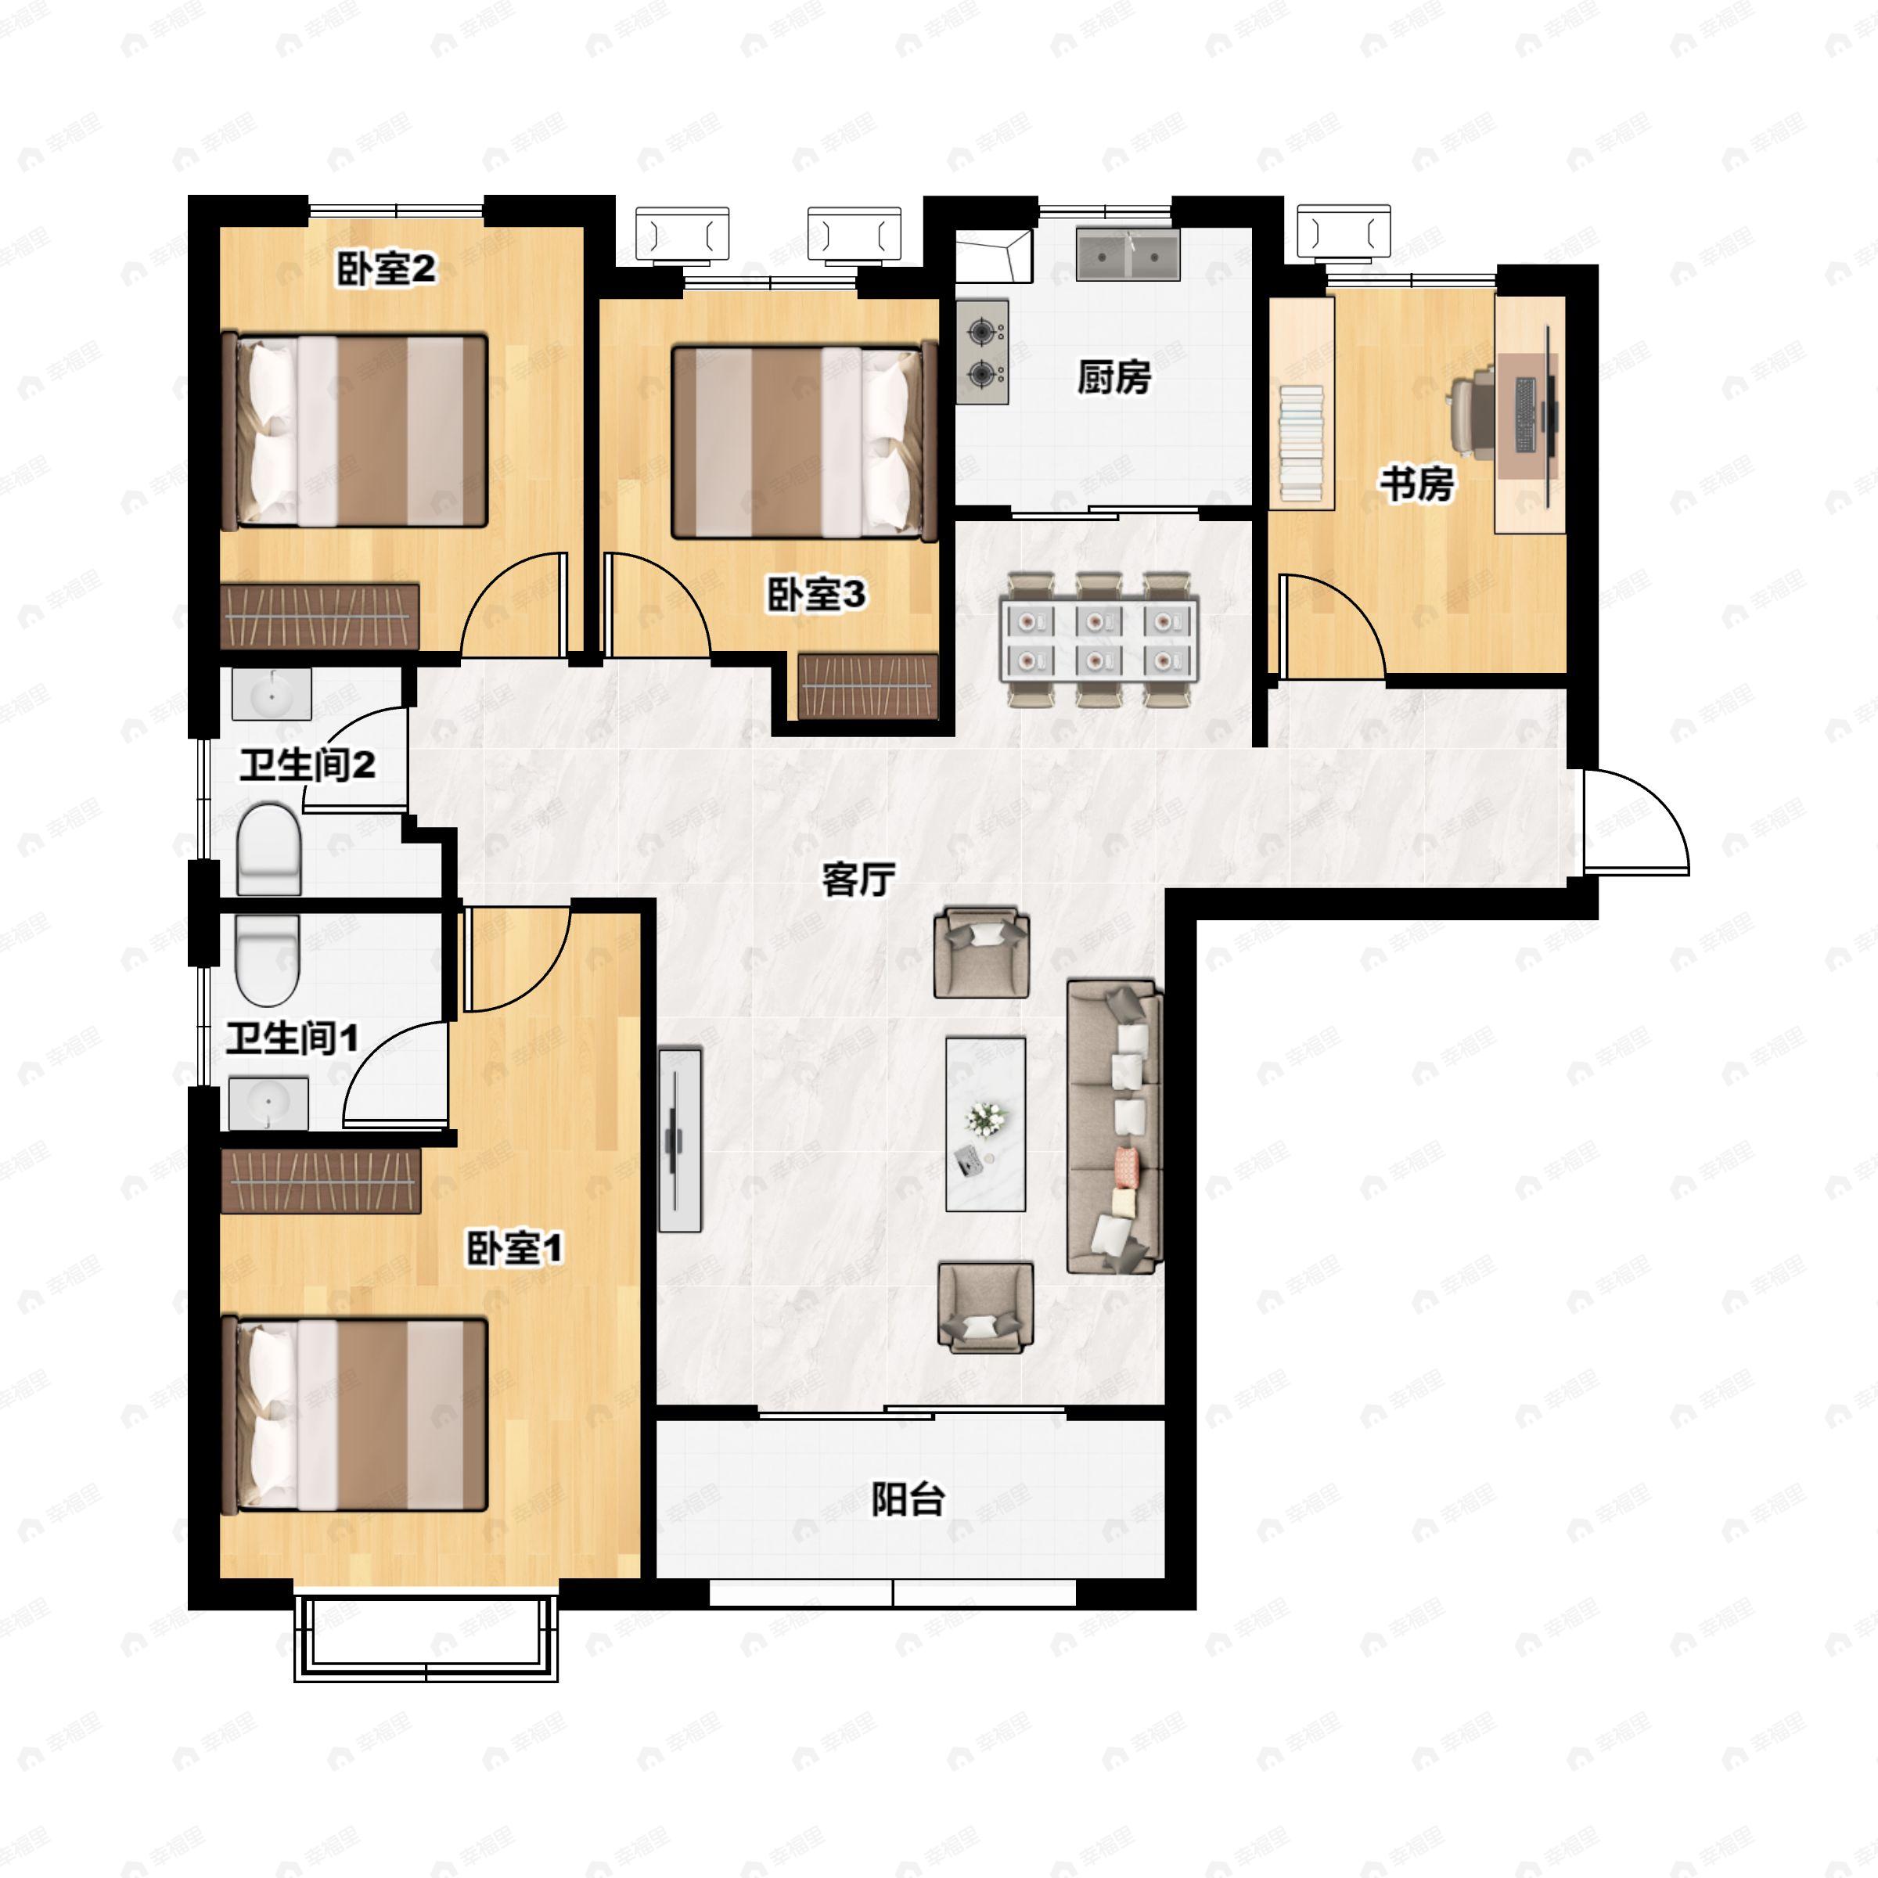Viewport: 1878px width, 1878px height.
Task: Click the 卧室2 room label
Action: [386, 269]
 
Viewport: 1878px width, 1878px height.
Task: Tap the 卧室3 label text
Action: [816, 594]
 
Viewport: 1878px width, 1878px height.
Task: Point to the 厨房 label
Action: [1114, 377]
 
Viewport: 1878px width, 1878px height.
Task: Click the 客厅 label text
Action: [858, 880]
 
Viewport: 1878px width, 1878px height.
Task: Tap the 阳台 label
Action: [907, 1499]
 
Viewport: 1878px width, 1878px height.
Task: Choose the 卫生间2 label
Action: [308, 765]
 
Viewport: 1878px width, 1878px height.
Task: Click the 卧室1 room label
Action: [515, 1248]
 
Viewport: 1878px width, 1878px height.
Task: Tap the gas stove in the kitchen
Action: [983, 352]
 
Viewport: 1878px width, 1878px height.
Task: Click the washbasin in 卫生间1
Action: [268, 1103]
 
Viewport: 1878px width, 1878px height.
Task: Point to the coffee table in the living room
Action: [987, 1124]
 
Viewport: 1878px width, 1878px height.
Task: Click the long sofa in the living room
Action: [1115, 1127]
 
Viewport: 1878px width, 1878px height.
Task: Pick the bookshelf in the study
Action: [1301, 402]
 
